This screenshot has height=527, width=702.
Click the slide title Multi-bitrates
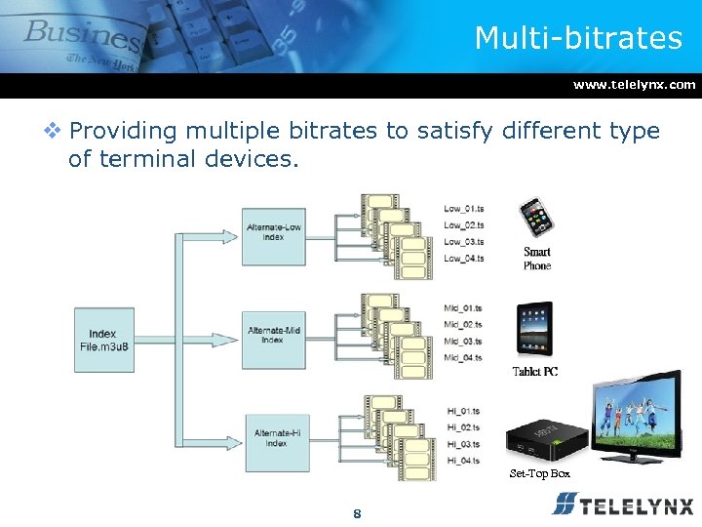coord(578,38)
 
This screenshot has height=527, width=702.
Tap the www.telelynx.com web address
coord(634,85)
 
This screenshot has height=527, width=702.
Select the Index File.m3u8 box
coord(103,341)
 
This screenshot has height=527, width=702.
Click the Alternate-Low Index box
coord(273,233)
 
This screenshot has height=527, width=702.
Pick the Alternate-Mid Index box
coord(273,336)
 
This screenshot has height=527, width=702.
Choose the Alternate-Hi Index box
coord(276,438)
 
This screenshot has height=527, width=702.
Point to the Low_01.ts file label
coord(464,208)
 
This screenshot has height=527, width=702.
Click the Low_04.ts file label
coord(464,259)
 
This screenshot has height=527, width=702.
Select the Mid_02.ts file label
coord(463,324)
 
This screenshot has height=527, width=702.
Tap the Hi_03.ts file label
coord(463,443)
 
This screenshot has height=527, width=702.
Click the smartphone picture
coord(536,220)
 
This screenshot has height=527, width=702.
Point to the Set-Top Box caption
coord(539,474)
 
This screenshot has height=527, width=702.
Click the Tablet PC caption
coord(535,372)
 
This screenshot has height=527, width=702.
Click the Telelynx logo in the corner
coord(622,505)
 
